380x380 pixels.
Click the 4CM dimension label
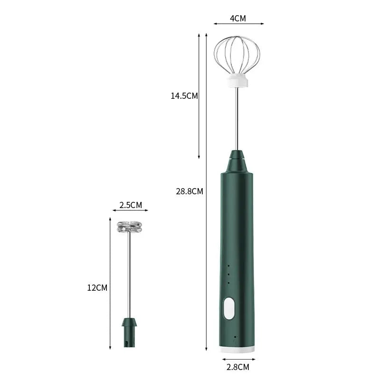pyautogui.click(x=238, y=19)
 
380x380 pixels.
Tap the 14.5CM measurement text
pyautogui.click(x=184, y=96)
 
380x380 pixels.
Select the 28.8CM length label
pyautogui.click(x=190, y=191)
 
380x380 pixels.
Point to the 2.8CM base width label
pyautogui.click(x=237, y=366)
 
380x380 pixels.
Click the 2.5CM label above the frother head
pyautogui.click(x=130, y=205)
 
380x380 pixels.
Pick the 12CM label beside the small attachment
pyautogui.click(x=97, y=287)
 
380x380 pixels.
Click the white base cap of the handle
pyautogui.click(x=237, y=348)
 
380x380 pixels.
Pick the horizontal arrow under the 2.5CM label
pyautogui.click(x=130, y=211)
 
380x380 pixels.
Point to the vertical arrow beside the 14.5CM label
pyautogui.click(x=199, y=95)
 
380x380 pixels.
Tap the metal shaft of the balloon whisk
pyautogui.click(x=237, y=119)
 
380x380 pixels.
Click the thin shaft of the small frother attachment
pyautogui.click(x=130, y=275)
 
